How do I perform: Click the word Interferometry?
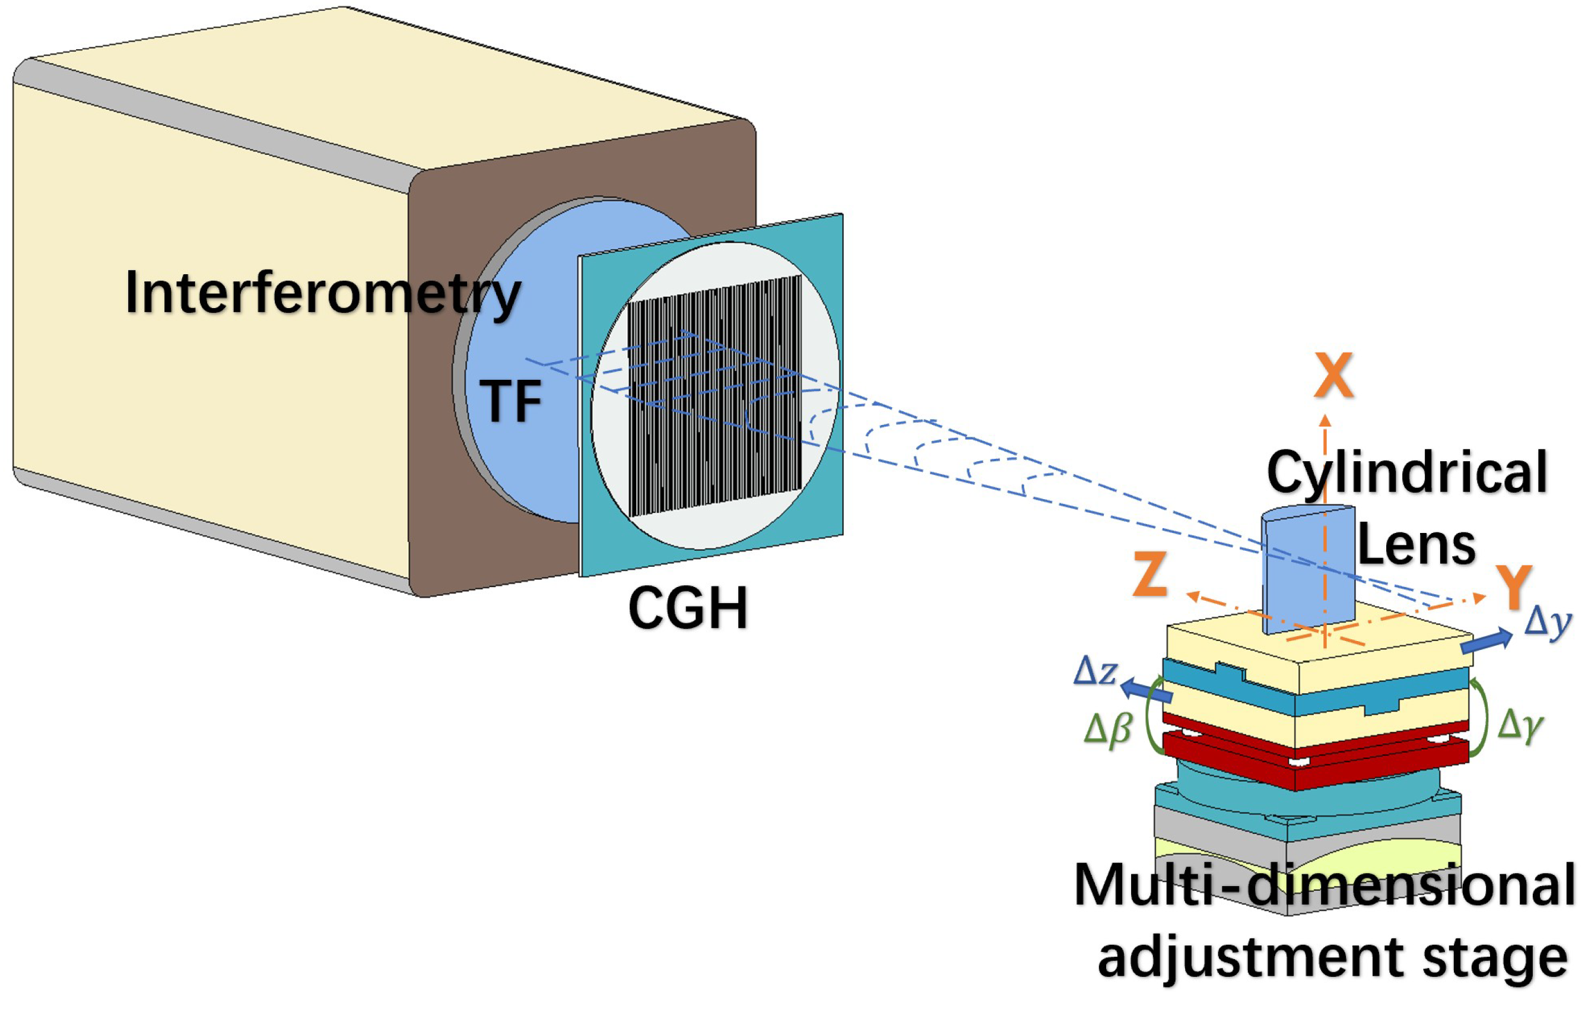[323, 293]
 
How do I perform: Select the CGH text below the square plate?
[688, 607]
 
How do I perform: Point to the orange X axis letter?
[1333, 376]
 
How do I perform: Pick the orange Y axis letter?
[1513, 587]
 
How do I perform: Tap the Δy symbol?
[1548, 621]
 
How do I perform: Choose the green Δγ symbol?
[1520, 724]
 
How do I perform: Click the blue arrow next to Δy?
[1487, 641]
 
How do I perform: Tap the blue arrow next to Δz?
[1146, 690]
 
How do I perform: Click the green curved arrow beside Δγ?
[1481, 719]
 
